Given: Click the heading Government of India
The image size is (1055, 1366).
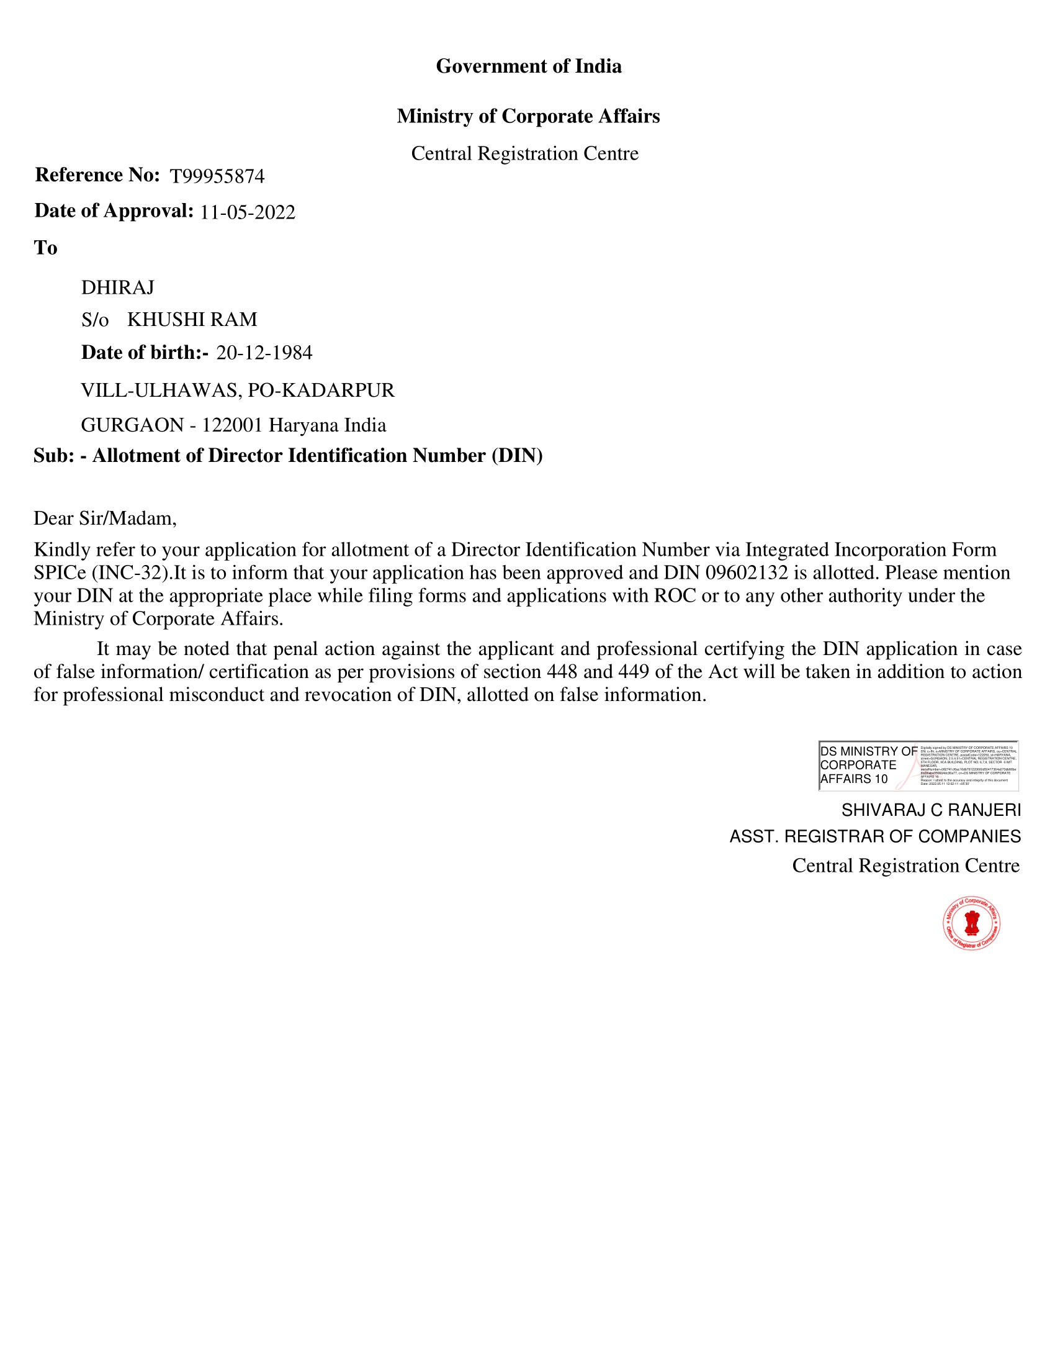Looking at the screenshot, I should coord(528,66).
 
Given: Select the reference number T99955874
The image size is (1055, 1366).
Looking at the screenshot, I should coord(217,176).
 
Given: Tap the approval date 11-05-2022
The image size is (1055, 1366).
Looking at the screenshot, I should coord(248,212).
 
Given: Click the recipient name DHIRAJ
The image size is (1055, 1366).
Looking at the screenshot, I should coord(117,287).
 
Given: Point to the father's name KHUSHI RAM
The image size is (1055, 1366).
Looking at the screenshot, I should coord(192,320).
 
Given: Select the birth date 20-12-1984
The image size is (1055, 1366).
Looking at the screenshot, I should coord(264,353).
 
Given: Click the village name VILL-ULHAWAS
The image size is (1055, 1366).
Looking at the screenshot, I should coord(159,391).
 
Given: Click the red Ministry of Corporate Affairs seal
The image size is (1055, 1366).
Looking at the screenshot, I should coord(971,923).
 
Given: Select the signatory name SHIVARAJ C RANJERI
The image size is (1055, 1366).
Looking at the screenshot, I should coord(931,810).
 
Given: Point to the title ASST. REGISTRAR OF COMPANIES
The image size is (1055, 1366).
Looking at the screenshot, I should coord(875,836).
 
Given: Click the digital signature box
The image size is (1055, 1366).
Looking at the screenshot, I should coord(918,766).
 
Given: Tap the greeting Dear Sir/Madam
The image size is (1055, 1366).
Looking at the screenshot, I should coord(105,518).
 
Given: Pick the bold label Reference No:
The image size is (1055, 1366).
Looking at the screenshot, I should coord(97,175).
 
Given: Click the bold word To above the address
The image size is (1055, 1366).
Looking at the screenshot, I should coord(46,248).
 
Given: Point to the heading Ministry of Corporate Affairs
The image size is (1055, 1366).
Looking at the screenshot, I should coord(528,116).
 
